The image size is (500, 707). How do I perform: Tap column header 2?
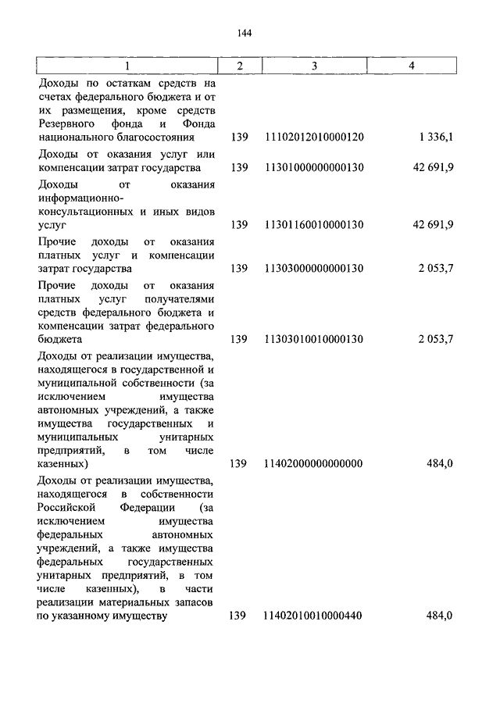tap(240, 66)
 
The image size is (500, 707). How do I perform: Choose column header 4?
tap(411, 66)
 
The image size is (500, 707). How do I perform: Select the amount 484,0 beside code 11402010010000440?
tap(440, 616)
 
